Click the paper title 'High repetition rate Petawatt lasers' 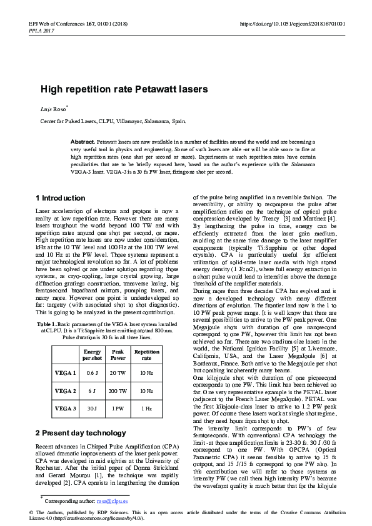click(124, 89)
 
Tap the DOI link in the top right click(292, 24)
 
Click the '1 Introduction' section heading click(61, 198)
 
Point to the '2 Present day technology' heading click(81, 432)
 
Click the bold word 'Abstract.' click(83, 142)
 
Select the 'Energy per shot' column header click(92, 355)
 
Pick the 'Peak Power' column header click(118, 355)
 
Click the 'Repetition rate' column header click(147, 355)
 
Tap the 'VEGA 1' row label click(65, 373)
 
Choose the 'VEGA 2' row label click(65, 390)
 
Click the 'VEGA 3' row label click(65, 409)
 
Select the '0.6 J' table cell click(92, 373)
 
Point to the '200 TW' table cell click(118, 390)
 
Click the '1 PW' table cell click(118, 409)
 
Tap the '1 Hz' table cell click(147, 409)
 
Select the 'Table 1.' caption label click(47, 325)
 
